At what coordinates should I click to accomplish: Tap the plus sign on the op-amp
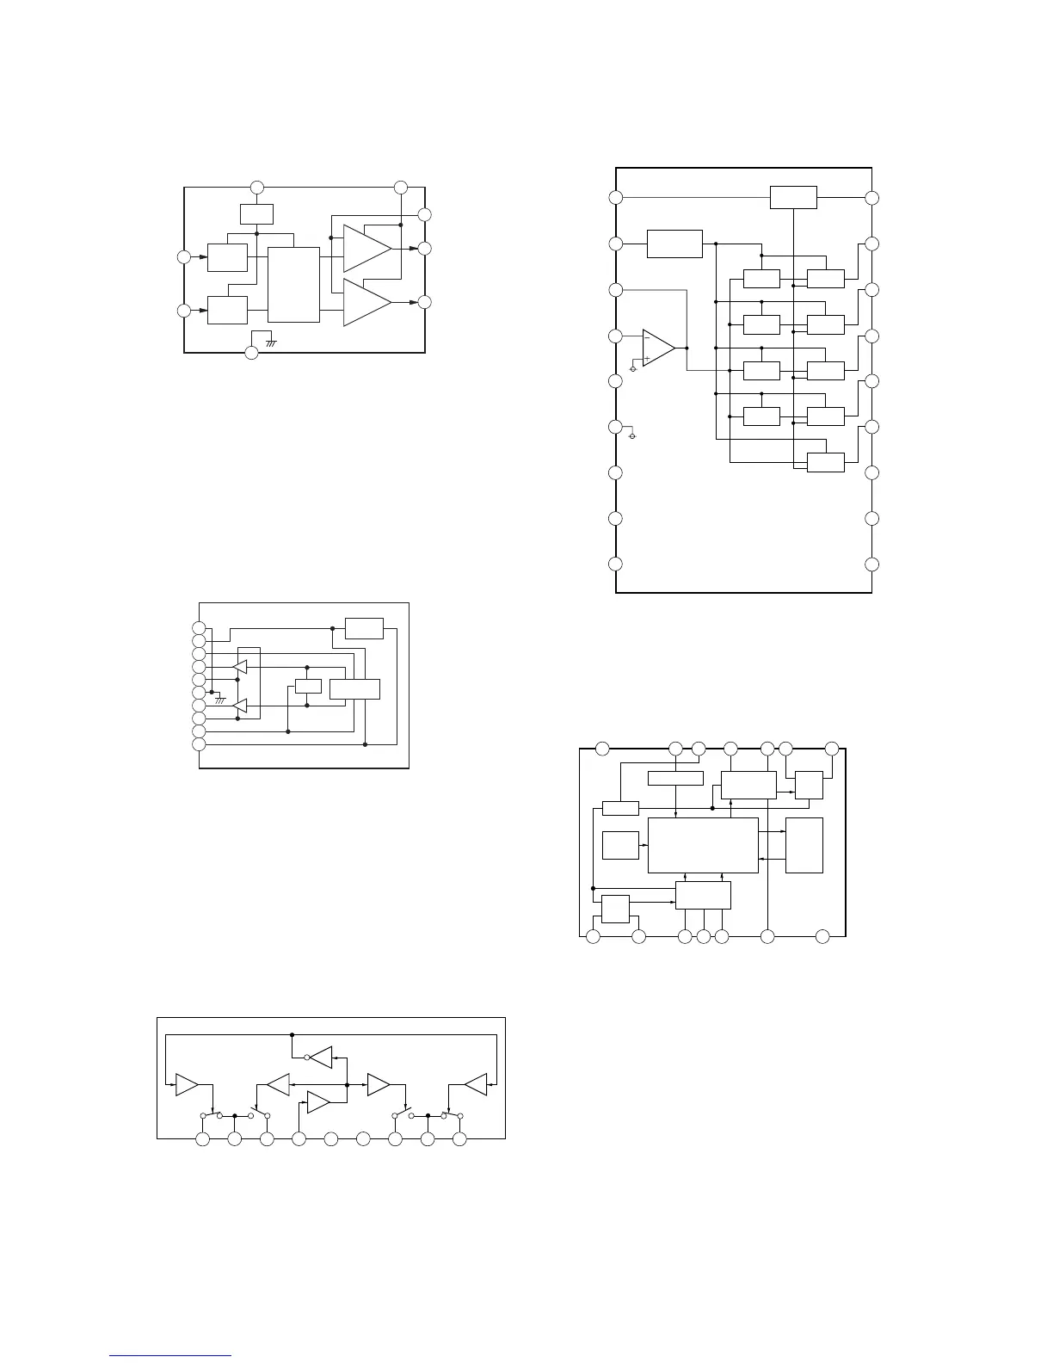[x=647, y=358]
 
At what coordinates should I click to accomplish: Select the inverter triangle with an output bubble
[x=321, y=1057]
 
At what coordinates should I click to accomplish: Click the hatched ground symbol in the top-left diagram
[x=270, y=342]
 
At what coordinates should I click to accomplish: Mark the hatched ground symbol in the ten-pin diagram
[x=220, y=700]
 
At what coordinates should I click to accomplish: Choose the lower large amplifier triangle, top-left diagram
[x=365, y=302]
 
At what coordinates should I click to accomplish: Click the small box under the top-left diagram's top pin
[x=256, y=213]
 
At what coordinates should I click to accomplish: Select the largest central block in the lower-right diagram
[x=703, y=845]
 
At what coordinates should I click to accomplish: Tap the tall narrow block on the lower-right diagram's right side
[x=804, y=845]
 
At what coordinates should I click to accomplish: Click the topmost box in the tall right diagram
[x=793, y=196]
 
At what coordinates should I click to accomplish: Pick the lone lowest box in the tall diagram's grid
[x=826, y=462]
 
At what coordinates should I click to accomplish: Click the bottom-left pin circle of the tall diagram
[x=616, y=564]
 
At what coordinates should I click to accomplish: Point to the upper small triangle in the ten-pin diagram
[x=241, y=666]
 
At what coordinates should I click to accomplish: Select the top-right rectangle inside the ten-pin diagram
[x=364, y=628]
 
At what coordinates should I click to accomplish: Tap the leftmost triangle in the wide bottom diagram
[x=187, y=1086]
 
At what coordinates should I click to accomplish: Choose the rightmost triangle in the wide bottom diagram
[x=476, y=1085]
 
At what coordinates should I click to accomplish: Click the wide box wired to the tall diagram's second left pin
[x=674, y=244]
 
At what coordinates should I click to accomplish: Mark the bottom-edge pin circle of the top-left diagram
[x=251, y=353]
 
